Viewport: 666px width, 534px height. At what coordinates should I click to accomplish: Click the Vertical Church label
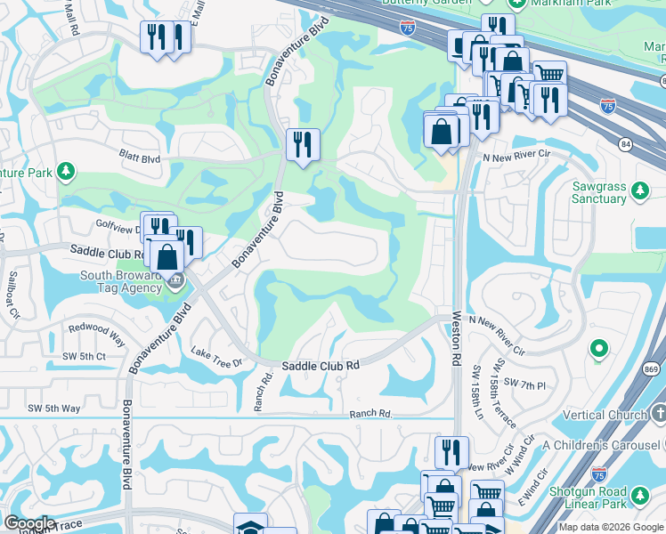[605, 415]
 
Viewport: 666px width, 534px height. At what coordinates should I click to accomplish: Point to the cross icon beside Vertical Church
[658, 414]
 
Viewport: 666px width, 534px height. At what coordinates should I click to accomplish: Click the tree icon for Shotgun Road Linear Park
[639, 495]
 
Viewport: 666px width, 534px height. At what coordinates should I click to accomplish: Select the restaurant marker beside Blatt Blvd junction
[303, 144]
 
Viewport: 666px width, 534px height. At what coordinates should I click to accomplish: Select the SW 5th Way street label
[53, 409]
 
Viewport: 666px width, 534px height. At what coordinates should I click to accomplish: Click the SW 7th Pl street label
[523, 383]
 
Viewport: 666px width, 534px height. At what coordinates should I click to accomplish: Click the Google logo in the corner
[28, 523]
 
